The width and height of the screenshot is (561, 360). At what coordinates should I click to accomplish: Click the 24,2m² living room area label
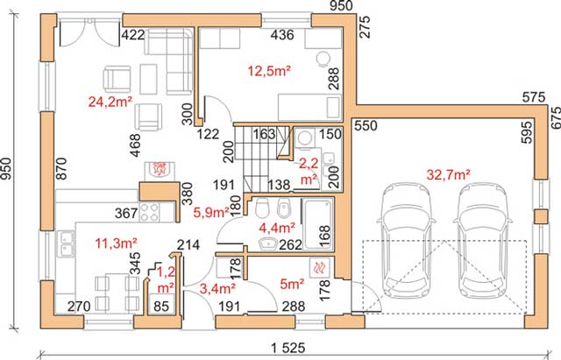[x=110, y=102]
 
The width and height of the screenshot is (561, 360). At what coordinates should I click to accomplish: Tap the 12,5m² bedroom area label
[x=269, y=71]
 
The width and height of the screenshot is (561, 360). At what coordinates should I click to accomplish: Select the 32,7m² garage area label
[x=448, y=175]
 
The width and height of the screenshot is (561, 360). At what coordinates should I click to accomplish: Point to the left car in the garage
[x=407, y=241]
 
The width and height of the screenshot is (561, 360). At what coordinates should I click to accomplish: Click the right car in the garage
[x=484, y=241]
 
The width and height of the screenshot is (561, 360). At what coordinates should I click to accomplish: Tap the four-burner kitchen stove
[x=150, y=211]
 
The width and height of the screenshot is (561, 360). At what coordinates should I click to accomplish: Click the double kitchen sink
[x=65, y=244]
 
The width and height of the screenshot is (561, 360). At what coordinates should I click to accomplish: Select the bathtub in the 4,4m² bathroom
[x=318, y=223]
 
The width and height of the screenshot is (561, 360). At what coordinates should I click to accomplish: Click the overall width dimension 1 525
[x=288, y=348]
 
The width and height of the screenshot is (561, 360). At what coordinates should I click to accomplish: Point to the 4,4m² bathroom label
[x=277, y=227]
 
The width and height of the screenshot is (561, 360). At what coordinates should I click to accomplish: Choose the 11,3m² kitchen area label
[x=116, y=244]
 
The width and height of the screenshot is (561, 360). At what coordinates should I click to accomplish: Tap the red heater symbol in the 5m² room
[x=318, y=266]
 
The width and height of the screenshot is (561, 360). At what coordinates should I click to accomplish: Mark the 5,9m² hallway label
[x=211, y=213]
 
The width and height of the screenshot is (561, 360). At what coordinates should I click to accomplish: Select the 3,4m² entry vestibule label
[x=217, y=288]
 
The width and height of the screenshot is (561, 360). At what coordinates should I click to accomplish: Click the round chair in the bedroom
[x=323, y=59]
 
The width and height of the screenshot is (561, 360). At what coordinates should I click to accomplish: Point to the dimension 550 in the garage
[x=366, y=126]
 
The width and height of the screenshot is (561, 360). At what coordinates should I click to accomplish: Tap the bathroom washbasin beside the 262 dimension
[x=267, y=244]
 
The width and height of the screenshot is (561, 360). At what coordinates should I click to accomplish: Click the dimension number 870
[x=61, y=168]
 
